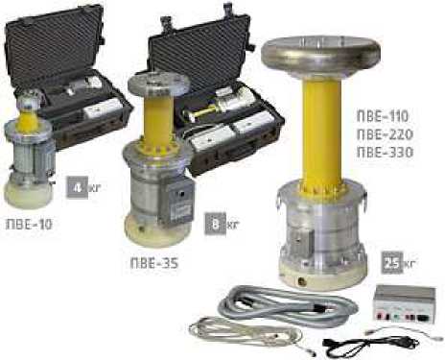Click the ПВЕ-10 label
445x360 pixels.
coord(29,225)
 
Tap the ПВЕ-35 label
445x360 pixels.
coord(154,263)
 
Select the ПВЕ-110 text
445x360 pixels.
coord(383,116)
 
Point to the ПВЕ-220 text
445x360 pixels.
coord(385,134)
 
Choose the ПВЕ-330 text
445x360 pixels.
coord(385,153)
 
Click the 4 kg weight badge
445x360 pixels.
coord(77,188)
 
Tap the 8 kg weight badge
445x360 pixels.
coord(215,225)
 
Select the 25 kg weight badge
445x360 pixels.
coord(392,263)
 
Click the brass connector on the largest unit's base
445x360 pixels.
coord(301,281)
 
